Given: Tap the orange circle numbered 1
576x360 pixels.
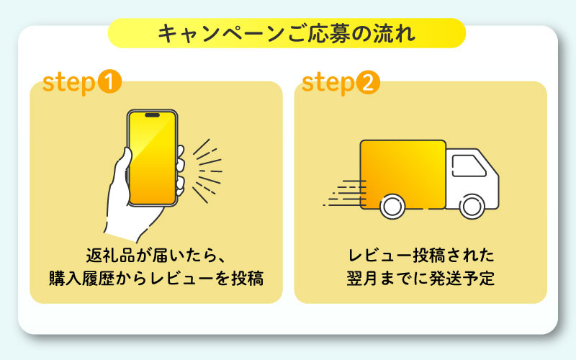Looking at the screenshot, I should [109, 82].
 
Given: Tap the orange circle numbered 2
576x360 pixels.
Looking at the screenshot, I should [367, 82].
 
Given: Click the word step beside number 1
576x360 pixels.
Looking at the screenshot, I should [69, 82].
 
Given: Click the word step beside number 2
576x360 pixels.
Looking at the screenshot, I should [328, 82].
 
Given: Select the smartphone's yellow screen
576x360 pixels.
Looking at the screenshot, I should [152, 158].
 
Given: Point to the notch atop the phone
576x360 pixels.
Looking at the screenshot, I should [152, 115].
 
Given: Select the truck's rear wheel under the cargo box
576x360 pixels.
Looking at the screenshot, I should [392, 207].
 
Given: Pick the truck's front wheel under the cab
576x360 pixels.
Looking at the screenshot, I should [472, 207].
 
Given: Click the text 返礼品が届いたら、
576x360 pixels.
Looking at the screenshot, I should [156, 255].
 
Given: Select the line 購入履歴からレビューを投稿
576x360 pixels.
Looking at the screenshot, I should [156, 278].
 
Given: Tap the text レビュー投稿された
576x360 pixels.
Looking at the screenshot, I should [420, 255].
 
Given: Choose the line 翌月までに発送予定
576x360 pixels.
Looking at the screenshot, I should [420, 278].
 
